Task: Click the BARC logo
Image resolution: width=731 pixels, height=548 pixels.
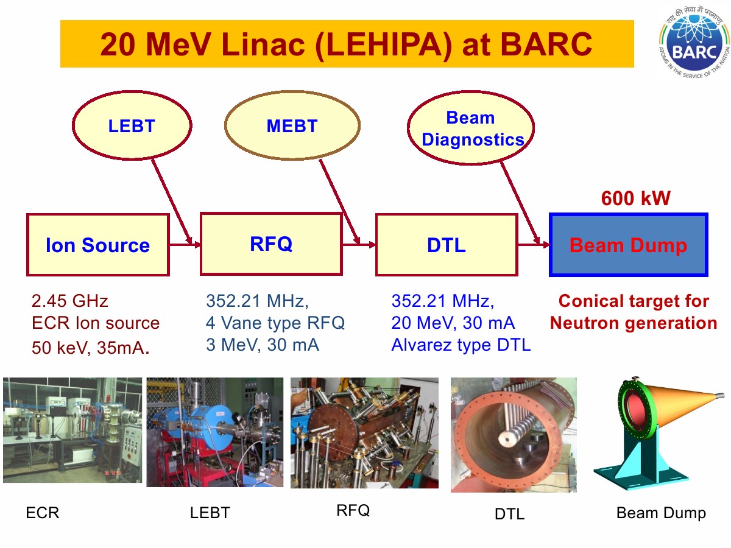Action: click(694, 43)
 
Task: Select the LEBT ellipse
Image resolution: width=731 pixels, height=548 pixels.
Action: click(132, 125)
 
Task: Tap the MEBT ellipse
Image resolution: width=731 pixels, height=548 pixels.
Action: click(292, 125)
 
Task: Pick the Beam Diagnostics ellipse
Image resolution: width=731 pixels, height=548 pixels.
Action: click(470, 128)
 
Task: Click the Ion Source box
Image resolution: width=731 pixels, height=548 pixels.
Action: click(98, 245)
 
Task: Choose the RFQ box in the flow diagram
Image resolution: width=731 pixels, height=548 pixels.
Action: click(271, 244)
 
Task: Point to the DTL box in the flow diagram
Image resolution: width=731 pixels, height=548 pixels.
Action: click(447, 245)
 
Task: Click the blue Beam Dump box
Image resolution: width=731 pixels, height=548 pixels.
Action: click(629, 245)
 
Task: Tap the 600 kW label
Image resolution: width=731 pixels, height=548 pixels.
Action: click(636, 198)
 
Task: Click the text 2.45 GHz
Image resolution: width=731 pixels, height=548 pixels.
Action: click(70, 301)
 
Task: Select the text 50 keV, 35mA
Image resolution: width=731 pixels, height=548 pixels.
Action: click(91, 348)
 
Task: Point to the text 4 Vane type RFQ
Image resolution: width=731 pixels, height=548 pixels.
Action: click(275, 323)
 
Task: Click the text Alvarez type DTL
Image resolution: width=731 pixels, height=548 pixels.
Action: click(461, 345)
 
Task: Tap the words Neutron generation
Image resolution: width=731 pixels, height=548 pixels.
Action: click(634, 323)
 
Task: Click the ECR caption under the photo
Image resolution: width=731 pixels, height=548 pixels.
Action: click(43, 513)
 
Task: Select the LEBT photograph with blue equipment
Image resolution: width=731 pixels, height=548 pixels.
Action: click(215, 432)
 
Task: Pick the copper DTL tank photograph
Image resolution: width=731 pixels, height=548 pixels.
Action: click(514, 435)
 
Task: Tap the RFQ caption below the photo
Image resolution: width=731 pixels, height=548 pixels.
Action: click(353, 510)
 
